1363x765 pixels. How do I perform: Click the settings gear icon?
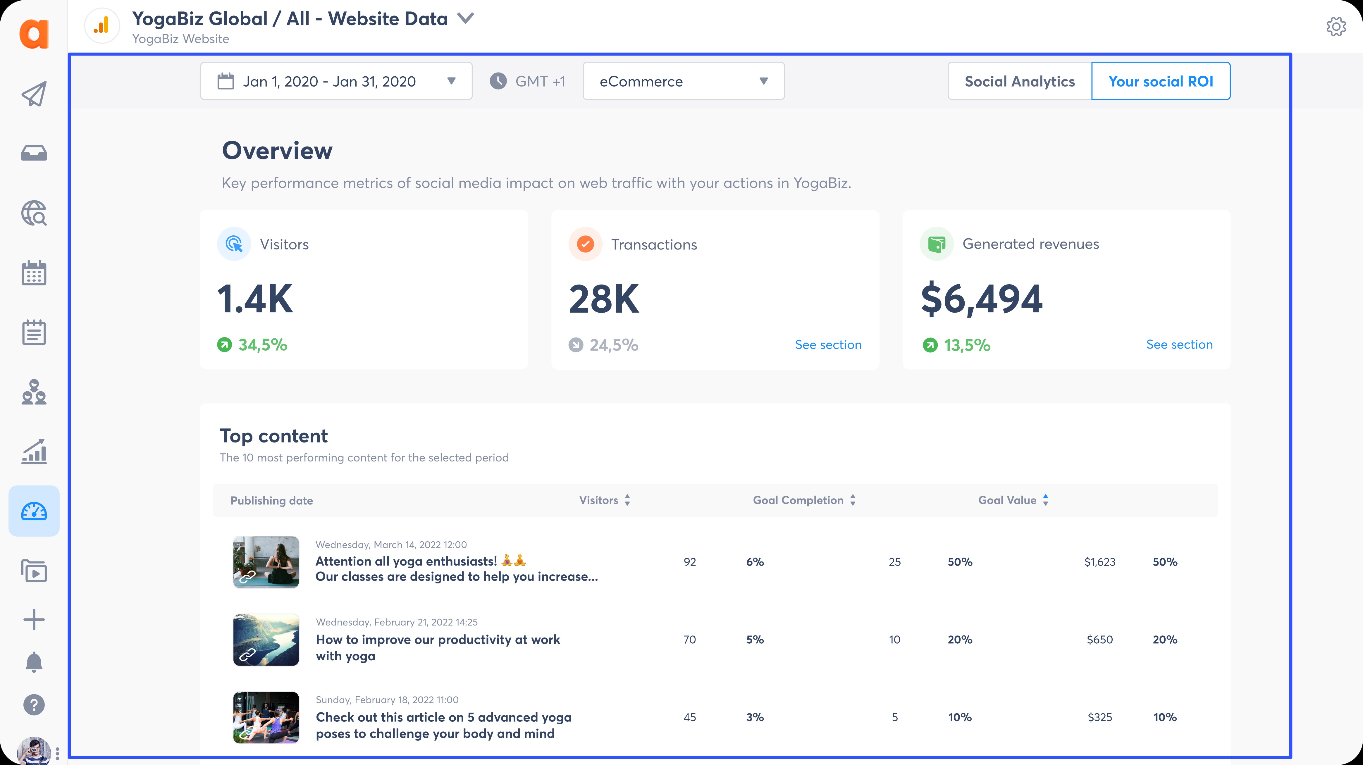(1336, 26)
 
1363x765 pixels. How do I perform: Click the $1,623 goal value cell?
(1099, 562)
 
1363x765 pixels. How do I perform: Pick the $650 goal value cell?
(1099, 640)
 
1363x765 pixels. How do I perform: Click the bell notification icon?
(34, 662)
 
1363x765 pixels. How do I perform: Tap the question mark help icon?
(34, 705)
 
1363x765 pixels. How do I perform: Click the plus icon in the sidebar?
(34, 619)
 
